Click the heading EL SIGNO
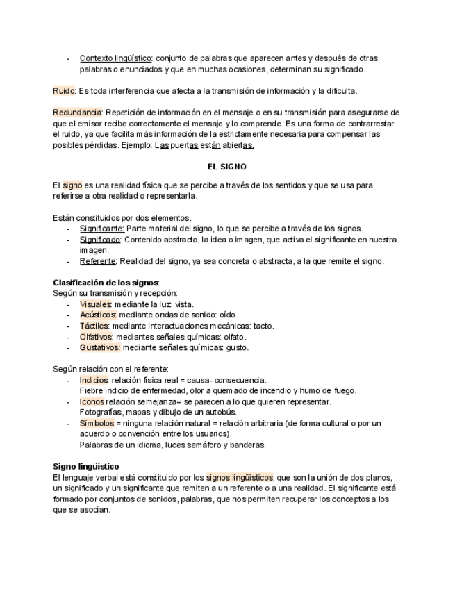[227, 167]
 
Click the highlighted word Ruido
[64, 91]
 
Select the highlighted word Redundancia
[77, 113]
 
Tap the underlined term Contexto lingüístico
[116, 58]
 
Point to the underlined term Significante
[101, 229]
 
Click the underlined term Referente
[97, 261]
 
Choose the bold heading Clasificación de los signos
[106, 283]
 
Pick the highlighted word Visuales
[94, 304]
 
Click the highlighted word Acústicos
[98, 315]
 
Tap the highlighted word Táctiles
[94, 326]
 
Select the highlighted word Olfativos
[96, 337]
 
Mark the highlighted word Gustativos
[100, 347]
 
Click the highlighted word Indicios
[94, 380]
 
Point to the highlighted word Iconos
[92, 401]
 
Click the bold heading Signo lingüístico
[86, 466]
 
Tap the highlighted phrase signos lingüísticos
[240, 477]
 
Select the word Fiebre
[91, 391]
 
